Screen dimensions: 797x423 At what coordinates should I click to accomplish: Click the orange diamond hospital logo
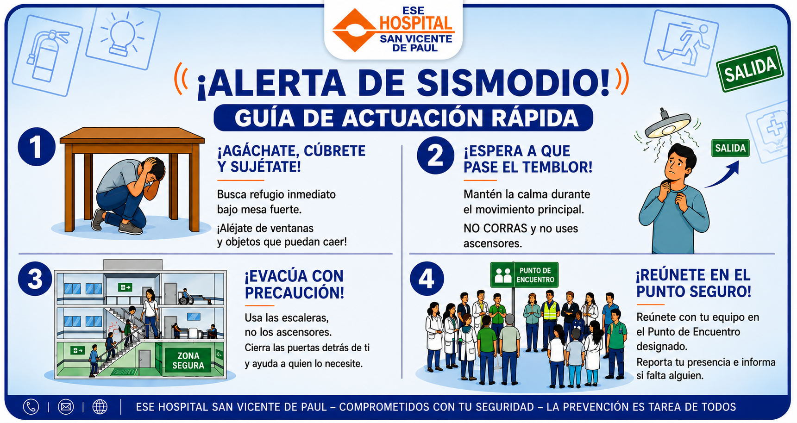tap(354, 30)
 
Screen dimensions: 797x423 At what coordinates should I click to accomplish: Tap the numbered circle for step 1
tap(37, 147)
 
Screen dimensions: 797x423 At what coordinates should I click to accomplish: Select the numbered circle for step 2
tap(435, 156)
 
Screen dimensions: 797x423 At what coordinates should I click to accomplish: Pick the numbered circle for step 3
tap(35, 279)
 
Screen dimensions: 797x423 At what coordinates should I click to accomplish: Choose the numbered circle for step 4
tap(427, 279)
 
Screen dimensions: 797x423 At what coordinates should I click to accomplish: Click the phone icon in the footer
tap(31, 407)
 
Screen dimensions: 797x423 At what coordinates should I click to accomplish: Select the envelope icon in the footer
tap(66, 407)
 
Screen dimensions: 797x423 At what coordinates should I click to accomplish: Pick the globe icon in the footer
tap(100, 407)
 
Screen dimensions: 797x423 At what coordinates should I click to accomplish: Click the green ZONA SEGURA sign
tap(188, 361)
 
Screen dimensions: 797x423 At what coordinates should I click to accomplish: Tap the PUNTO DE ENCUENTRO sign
tap(524, 275)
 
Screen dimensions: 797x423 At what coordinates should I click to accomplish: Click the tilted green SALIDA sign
tap(750, 69)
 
